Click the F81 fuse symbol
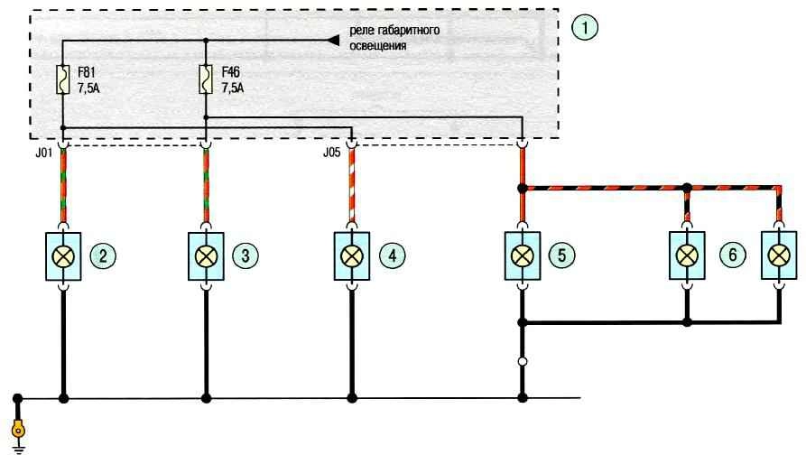[x=62, y=79]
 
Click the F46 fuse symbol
[x=206, y=79]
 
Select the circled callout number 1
[x=585, y=27]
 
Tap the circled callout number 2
[x=103, y=255]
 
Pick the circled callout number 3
[x=246, y=255]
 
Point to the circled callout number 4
[x=393, y=255]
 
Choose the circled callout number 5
[x=561, y=255]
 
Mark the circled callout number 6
[x=733, y=255]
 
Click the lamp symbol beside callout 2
[x=63, y=256]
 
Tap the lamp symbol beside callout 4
[x=352, y=255]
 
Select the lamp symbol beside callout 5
[x=523, y=255]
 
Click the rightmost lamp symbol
[x=779, y=255]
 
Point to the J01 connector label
[x=44, y=153]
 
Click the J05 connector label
[x=331, y=153]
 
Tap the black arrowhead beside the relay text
[x=334, y=40]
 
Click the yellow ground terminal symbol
[x=18, y=429]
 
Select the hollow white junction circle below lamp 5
[x=523, y=362]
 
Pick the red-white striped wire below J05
[x=352, y=185]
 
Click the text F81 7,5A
[x=88, y=79]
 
